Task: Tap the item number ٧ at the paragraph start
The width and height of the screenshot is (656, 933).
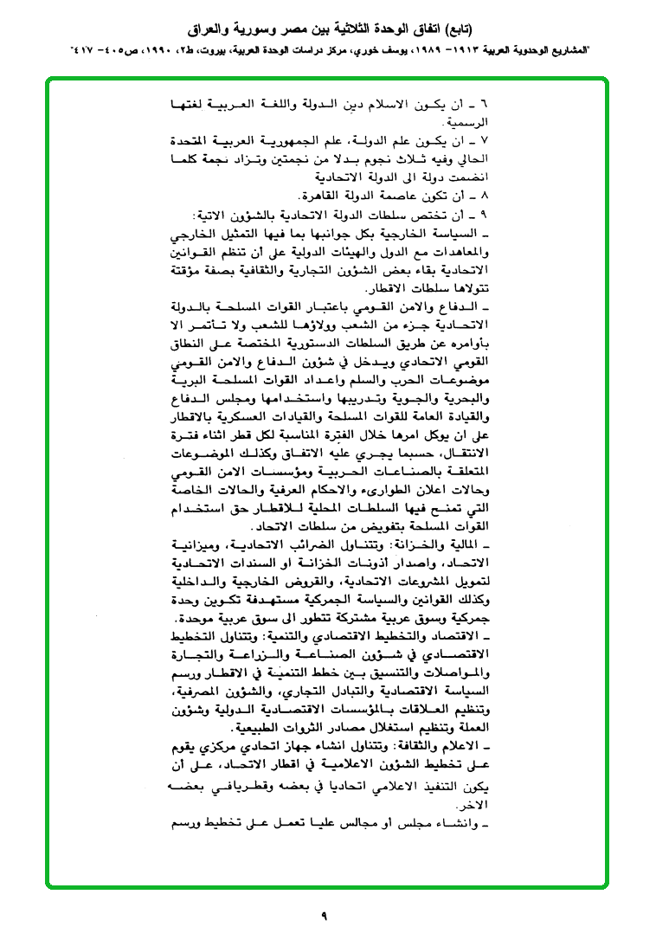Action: coord(484,139)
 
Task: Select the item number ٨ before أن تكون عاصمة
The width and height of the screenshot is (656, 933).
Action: coord(484,196)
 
